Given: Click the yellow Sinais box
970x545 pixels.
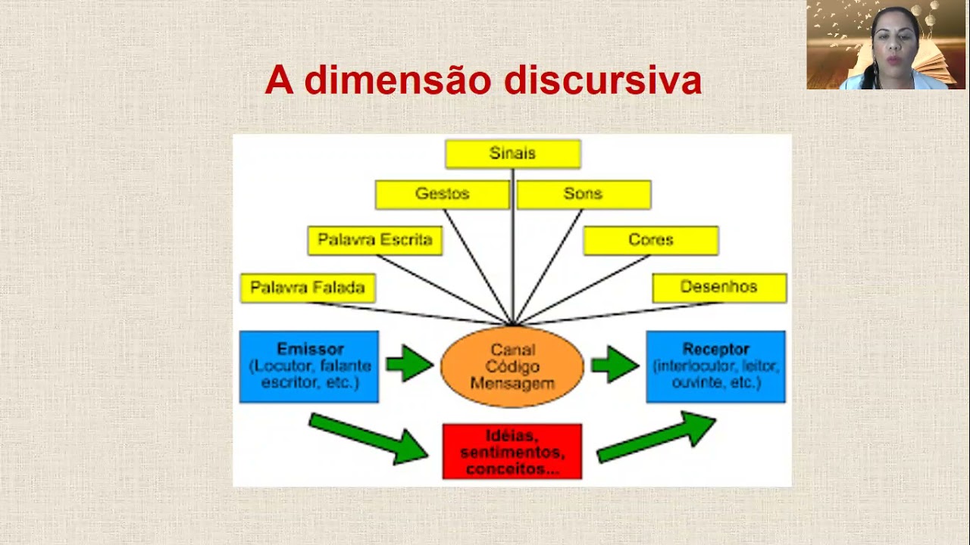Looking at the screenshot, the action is click(513, 154).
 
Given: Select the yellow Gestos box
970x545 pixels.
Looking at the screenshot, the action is click(443, 195).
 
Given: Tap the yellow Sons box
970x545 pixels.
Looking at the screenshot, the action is click(583, 195).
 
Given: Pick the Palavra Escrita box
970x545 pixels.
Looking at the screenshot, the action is click(375, 240).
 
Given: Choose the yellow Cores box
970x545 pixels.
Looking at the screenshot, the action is click(650, 240).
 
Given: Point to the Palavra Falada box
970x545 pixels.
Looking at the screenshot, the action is click(308, 288).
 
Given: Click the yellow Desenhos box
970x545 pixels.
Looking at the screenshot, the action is click(718, 288).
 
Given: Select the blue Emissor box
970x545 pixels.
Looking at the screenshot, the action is click(309, 366).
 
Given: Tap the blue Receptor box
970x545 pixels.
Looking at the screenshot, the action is click(715, 366).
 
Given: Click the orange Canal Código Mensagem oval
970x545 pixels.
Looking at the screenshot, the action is click(512, 366).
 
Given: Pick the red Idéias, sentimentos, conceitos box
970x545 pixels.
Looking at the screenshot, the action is click(512, 451).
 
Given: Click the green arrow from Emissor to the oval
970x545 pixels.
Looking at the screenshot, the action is click(409, 364).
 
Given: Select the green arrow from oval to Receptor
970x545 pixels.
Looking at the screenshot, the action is click(615, 364).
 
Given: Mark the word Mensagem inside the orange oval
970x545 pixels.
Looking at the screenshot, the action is click(512, 383).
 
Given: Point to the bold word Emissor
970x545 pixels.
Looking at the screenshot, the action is click(310, 350).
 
